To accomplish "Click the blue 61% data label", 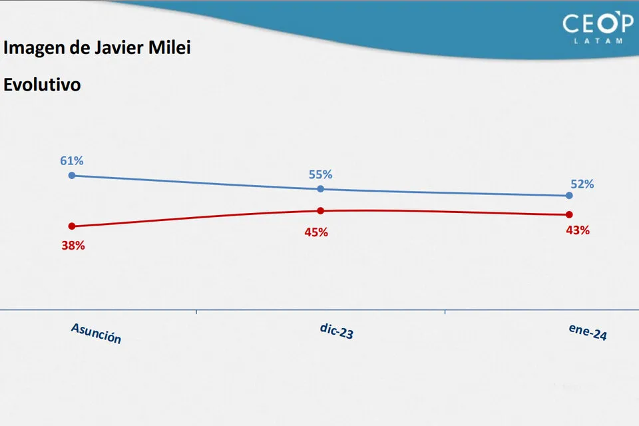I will tap(72, 160).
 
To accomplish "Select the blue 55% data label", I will tap(320, 174).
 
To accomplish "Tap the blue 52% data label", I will tap(582, 184).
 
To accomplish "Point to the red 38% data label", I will tap(73, 245).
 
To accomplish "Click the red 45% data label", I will tap(316, 232).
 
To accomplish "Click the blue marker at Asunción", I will tap(72, 176).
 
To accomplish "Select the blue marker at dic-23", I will tap(320, 189).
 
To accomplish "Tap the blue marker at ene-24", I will tap(569, 196).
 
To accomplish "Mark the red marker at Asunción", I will tap(72, 226).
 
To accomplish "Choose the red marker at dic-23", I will tap(320, 210).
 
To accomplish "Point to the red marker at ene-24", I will tap(569, 214).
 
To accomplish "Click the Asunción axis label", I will tap(97, 333).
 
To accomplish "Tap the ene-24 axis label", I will tap(588, 333).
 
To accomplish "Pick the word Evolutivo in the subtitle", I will tap(42, 85).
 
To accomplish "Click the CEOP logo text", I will tap(598, 24).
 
